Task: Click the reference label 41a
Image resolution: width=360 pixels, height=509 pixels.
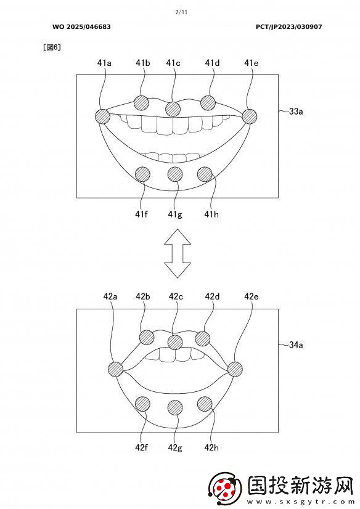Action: pyautogui.click(x=104, y=63)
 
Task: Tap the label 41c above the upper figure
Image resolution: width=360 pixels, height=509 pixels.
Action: pyautogui.click(x=173, y=63)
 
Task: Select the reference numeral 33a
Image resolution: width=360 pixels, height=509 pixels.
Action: pyautogui.click(x=296, y=112)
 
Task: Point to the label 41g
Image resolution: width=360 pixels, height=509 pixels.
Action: pyautogui.click(x=175, y=214)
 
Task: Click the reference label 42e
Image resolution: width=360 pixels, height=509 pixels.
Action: pyautogui.click(x=252, y=296)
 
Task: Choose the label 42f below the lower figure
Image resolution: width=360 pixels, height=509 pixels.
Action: pyautogui.click(x=142, y=447)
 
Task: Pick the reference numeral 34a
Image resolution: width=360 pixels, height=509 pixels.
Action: pyautogui.click(x=296, y=344)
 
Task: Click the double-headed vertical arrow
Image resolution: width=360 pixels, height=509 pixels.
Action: pyautogui.click(x=178, y=253)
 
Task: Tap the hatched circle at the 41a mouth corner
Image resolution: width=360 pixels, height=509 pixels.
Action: pyautogui.click(x=102, y=116)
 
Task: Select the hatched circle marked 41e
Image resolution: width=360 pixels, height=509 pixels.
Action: pyautogui.click(x=249, y=116)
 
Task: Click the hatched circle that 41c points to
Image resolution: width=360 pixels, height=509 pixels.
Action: pyautogui.click(x=173, y=108)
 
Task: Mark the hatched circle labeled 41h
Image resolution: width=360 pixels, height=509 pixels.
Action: pyautogui.click(x=205, y=174)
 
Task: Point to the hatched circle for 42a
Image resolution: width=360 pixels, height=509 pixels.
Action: pyautogui.click(x=115, y=369)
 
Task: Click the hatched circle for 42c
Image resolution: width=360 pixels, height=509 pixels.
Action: pyautogui.click(x=175, y=342)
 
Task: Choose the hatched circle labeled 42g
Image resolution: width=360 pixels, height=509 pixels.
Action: pyautogui.click(x=175, y=408)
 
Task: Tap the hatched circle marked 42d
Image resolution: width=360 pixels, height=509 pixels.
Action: pyautogui.click(x=203, y=338)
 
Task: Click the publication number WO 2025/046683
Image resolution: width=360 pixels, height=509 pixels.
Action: pyautogui.click(x=81, y=27)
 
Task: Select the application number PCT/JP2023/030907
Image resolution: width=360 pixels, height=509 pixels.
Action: pyautogui.click(x=289, y=27)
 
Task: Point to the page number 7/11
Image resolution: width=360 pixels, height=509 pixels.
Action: pyautogui.click(x=181, y=12)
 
